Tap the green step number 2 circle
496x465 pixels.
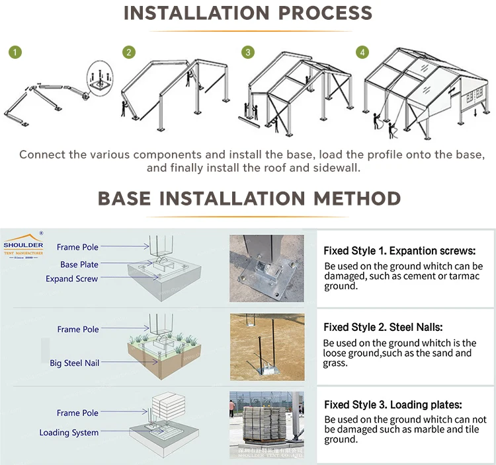coord(129,52)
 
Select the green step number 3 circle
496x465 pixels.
coord(248,52)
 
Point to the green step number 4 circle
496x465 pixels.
coord(362,52)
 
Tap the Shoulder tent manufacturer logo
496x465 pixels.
coord(23,245)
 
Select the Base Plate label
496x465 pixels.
coord(79,264)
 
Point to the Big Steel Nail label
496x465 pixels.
coord(74,363)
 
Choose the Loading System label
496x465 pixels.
coord(69,433)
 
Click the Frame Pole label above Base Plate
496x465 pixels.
coord(77,247)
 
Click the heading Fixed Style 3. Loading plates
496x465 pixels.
coord(392,405)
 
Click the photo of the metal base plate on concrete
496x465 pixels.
coord(267,268)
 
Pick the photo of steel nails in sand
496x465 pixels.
coord(267,346)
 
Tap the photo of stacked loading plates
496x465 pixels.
coord(267,425)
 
